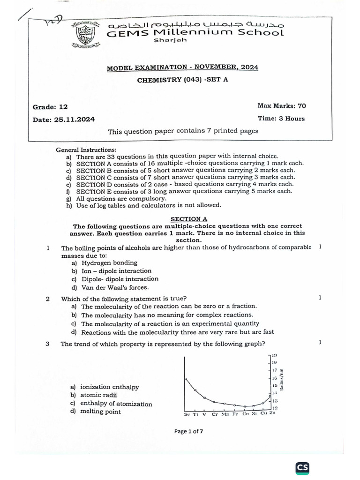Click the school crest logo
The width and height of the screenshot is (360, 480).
[85, 35]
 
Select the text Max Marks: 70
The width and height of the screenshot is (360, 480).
[281, 106]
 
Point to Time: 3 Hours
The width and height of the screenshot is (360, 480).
[281, 119]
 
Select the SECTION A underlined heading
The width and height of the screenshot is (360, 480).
[188, 218]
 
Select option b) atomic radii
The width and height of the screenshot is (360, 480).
[95, 395]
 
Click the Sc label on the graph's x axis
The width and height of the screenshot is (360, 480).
[187, 414]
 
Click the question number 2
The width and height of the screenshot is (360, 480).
[48, 299]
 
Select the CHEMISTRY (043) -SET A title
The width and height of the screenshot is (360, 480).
[182, 80]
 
